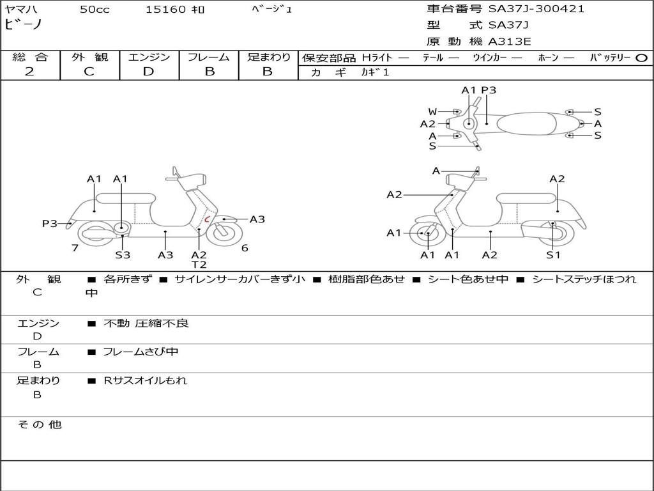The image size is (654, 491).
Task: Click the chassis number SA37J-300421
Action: [x=536, y=9]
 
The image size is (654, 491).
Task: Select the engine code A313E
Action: [x=509, y=42]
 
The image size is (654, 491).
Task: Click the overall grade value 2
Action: [x=29, y=72]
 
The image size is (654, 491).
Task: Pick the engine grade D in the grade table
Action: [x=148, y=72]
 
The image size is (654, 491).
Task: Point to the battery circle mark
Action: [x=641, y=58]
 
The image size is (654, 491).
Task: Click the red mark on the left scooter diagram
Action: [x=206, y=219]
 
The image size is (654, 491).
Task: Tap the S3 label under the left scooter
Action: [x=123, y=254]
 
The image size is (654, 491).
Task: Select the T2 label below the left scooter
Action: [x=199, y=265]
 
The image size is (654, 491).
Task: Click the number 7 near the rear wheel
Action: [x=75, y=248]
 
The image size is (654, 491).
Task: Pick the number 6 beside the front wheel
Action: [x=245, y=248]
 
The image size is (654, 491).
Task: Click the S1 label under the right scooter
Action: [x=553, y=254]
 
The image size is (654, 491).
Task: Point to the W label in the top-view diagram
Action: [x=432, y=112]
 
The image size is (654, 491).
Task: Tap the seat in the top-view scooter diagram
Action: [x=526, y=123]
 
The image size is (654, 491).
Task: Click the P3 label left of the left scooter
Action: [x=50, y=224]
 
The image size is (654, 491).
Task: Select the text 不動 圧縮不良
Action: [x=146, y=323]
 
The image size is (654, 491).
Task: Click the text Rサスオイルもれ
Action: [x=145, y=380]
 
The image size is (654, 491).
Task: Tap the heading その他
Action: [x=40, y=425]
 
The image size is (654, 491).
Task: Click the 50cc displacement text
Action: [x=95, y=10]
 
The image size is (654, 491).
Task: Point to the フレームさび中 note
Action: [x=141, y=352]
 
